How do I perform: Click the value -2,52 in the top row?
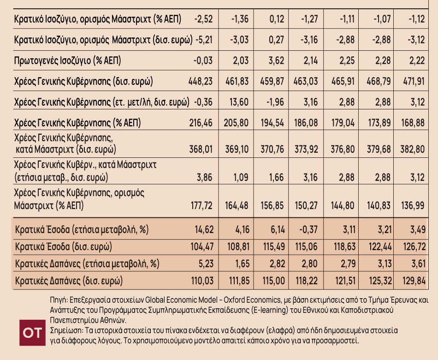203,19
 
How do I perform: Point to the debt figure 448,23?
201,82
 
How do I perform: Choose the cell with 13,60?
239,102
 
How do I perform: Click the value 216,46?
201,123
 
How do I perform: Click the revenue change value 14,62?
204,229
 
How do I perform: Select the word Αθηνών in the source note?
114,320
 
